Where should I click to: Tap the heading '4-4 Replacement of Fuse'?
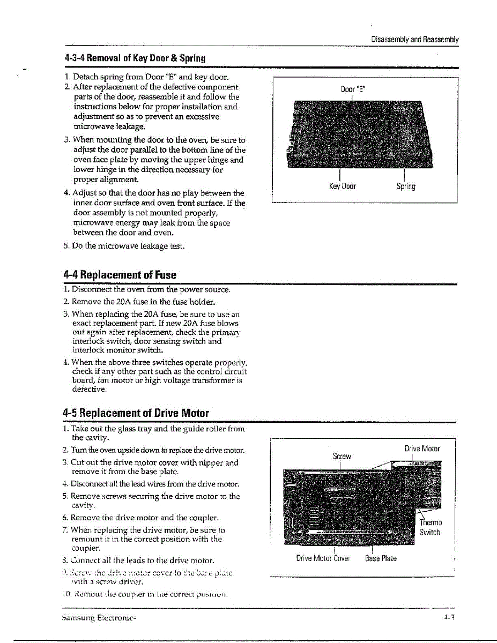point(120,275)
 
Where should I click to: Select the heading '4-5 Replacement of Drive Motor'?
point(136,413)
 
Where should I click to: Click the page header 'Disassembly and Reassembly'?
point(415,40)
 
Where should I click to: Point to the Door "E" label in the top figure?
point(352,90)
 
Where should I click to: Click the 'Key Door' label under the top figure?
point(342,186)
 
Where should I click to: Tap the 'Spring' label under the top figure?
point(406,186)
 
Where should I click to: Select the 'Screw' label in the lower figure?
point(342,456)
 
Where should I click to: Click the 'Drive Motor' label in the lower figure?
point(422,448)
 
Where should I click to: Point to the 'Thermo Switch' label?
point(430,527)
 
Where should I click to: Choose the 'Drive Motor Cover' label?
point(323,558)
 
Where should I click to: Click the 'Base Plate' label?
point(381,558)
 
